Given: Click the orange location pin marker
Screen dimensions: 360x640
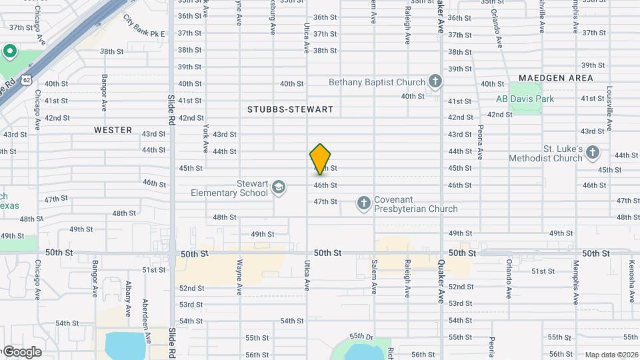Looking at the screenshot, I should pyautogui.click(x=320, y=159).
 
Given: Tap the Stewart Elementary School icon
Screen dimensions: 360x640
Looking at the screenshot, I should pyautogui.click(x=279, y=189).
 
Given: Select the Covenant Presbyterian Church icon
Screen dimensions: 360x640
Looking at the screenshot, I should pyautogui.click(x=363, y=203).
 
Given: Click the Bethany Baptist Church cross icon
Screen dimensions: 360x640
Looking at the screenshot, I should pyautogui.click(x=435, y=82).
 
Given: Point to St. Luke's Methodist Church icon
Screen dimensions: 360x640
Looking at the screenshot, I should pyautogui.click(x=593, y=154).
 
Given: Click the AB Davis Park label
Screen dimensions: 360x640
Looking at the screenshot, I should pyautogui.click(x=525, y=99).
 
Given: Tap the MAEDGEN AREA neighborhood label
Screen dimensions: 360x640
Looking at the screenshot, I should pyautogui.click(x=555, y=78).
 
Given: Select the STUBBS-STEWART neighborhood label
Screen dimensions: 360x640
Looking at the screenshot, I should pyautogui.click(x=290, y=109).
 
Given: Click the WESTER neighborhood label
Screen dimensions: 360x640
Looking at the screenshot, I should pyautogui.click(x=113, y=130).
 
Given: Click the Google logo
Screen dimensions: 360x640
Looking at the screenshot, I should pyautogui.click(x=22, y=351).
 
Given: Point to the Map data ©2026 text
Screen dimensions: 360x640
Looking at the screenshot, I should pyautogui.click(x=611, y=355).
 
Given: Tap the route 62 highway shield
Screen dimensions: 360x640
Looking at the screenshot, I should pyautogui.click(x=25, y=79).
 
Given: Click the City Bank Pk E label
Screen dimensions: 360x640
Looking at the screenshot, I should pyautogui.click(x=144, y=27).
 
